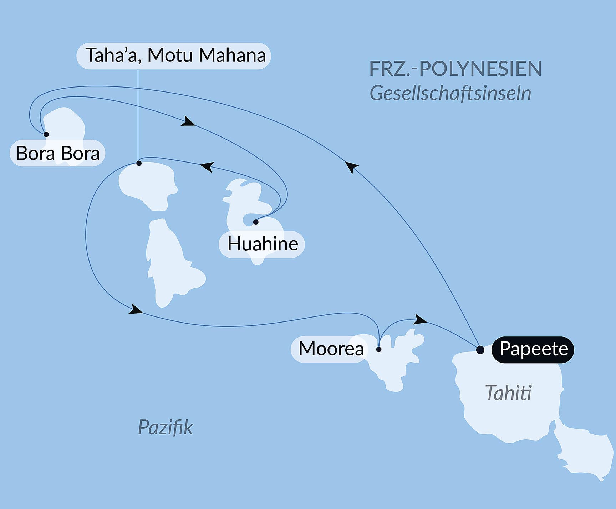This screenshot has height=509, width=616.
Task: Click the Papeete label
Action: tap(533, 349)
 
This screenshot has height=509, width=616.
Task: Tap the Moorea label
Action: tap(331, 349)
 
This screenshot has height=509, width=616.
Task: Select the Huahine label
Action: tap(262, 244)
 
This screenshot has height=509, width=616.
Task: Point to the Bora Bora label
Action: tap(57, 154)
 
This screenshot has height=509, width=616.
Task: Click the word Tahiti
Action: tap(508, 393)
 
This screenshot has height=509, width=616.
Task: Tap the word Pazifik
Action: tap(165, 427)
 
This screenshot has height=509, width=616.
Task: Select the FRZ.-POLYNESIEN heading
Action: tap(455, 69)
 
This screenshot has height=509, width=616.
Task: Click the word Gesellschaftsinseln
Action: tap(450, 94)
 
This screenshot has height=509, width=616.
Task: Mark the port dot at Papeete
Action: tap(480, 350)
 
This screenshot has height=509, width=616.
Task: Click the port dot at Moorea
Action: tap(379, 349)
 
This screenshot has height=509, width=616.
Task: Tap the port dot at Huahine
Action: tap(256, 222)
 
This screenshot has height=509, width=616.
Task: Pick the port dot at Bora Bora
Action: tap(46, 134)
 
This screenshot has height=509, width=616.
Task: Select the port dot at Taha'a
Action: tap(139, 163)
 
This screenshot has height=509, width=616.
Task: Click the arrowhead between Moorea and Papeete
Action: tap(420, 319)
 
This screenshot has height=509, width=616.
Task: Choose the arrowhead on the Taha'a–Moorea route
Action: tap(136, 309)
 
